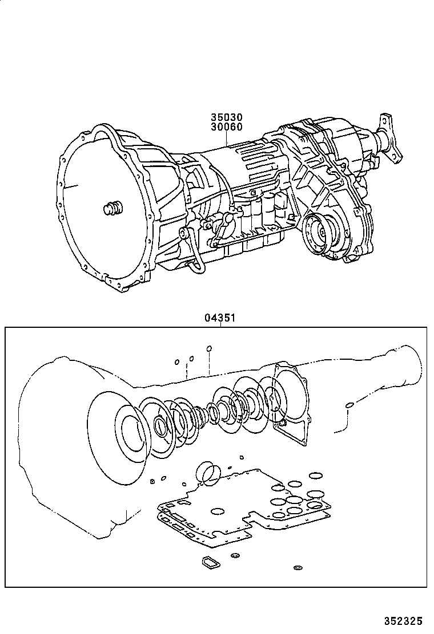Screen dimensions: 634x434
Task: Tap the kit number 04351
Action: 220,319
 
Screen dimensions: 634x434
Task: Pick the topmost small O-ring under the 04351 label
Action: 209,348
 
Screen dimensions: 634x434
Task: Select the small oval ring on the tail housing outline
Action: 348,405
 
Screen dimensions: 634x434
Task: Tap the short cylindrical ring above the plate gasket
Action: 206,473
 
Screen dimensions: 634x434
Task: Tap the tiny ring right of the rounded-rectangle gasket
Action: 235,555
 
